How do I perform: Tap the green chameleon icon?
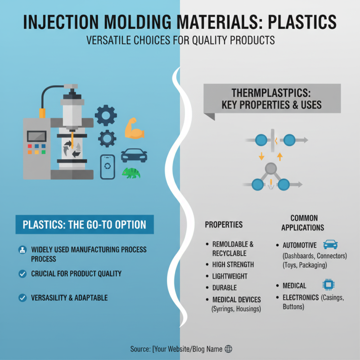[131, 173]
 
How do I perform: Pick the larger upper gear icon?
[106, 115]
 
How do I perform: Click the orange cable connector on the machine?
[42, 112]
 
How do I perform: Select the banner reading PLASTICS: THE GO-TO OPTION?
[84, 224]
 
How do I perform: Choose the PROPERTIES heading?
[224, 225]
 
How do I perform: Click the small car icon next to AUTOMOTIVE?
[330, 244]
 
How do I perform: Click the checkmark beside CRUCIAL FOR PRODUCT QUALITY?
[22, 274]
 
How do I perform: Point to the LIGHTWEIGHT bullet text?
[230, 276]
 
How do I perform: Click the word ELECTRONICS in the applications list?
[301, 297]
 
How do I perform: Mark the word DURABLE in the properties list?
[225, 288]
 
